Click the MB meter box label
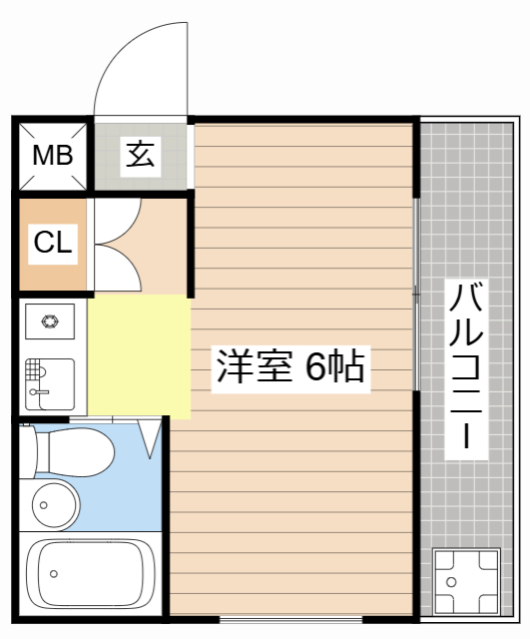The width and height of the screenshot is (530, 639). click(x=53, y=156)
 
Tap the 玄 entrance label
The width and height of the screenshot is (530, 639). click(x=141, y=155)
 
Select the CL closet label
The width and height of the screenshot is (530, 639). click(x=53, y=243)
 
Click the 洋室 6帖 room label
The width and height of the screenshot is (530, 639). click(x=290, y=366)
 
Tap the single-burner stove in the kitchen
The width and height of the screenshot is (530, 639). click(x=50, y=321)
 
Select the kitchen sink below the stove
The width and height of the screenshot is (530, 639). click(x=50, y=384)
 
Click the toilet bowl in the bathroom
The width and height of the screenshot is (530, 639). click(x=67, y=451)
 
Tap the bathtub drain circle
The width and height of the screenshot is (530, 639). click(x=53, y=574)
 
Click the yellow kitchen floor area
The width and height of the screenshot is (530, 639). click(x=139, y=356)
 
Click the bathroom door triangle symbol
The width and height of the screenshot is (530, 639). click(x=150, y=439)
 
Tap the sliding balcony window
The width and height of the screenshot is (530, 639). click(x=416, y=295)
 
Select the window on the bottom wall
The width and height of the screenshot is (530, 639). click(x=290, y=619)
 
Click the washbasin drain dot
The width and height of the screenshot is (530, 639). click(x=44, y=505)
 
